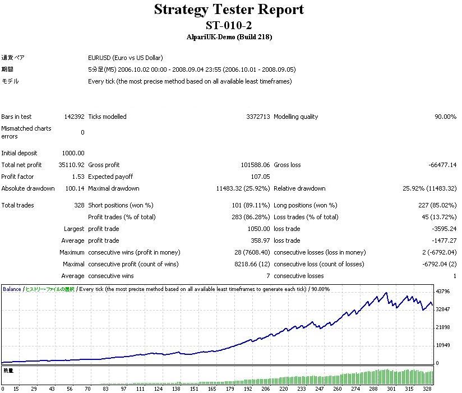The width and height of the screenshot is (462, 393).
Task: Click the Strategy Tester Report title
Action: (x=229, y=10)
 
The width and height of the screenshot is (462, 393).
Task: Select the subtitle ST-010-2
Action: (x=229, y=25)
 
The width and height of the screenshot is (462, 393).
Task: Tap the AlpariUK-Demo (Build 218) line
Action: (x=229, y=37)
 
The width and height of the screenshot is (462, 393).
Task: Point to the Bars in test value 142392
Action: (x=74, y=117)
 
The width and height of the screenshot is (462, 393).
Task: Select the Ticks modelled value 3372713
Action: (x=257, y=117)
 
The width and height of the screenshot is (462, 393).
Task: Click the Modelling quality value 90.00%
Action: (x=445, y=117)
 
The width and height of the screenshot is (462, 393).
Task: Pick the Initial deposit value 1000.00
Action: (x=73, y=153)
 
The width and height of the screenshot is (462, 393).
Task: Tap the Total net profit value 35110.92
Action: (x=71, y=165)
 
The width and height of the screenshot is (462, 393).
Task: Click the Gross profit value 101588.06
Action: (x=255, y=165)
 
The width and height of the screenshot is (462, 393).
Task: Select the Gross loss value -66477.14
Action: (x=442, y=165)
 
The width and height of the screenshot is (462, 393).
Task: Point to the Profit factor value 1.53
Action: (x=78, y=177)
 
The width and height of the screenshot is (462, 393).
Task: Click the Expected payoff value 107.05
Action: (x=260, y=177)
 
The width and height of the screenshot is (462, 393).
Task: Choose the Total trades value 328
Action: (x=79, y=205)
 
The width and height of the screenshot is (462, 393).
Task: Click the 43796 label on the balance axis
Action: (x=443, y=292)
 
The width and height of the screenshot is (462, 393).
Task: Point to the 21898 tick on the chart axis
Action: (x=443, y=327)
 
